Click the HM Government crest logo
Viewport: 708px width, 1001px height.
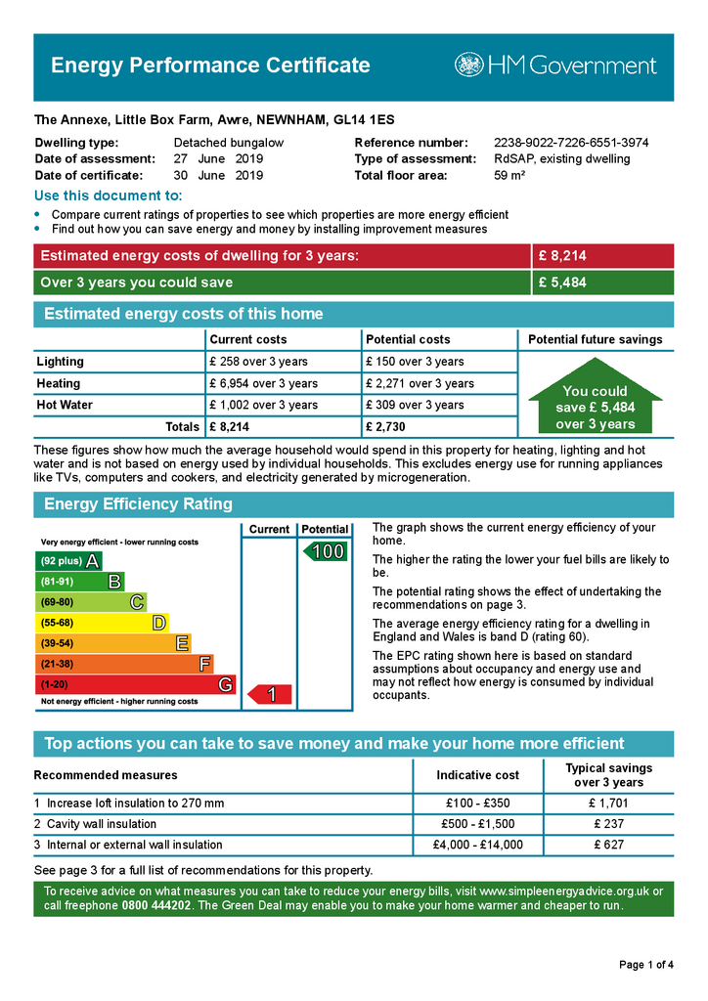[x=468, y=65]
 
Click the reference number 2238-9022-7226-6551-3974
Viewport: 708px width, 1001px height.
[x=571, y=143]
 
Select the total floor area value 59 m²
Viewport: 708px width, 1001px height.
[x=509, y=176]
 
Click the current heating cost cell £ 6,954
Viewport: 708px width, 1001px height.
[x=263, y=383]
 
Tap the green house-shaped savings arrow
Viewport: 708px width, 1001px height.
[x=595, y=402]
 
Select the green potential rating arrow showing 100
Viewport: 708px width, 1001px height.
[x=324, y=551]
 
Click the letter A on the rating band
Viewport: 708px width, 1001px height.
[x=92, y=561]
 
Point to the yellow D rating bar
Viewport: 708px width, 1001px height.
[x=102, y=623]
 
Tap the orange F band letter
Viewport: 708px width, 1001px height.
[x=204, y=664]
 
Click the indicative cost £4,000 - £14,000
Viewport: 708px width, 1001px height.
[x=478, y=845]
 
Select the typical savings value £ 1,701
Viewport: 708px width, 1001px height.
[x=608, y=804]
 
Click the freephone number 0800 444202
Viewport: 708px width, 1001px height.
[x=157, y=905]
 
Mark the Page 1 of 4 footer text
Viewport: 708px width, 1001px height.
[x=646, y=965]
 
